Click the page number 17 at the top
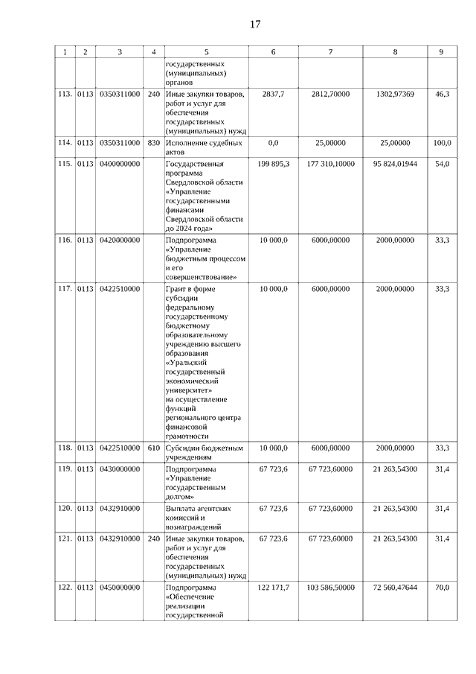(x=254, y=25)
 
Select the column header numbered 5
(x=206, y=52)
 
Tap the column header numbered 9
(x=442, y=52)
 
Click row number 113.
(x=65, y=95)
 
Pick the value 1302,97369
(x=395, y=95)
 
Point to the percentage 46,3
(x=442, y=95)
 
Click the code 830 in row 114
(x=153, y=142)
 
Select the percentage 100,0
(x=442, y=142)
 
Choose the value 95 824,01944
(x=395, y=163)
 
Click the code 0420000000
(x=119, y=240)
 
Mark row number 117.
(x=65, y=288)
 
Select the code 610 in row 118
(x=153, y=448)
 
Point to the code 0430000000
(x=119, y=469)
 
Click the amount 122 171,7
(x=273, y=588)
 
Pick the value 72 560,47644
(x=395, y=588)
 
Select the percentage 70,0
(x=442, y=588)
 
